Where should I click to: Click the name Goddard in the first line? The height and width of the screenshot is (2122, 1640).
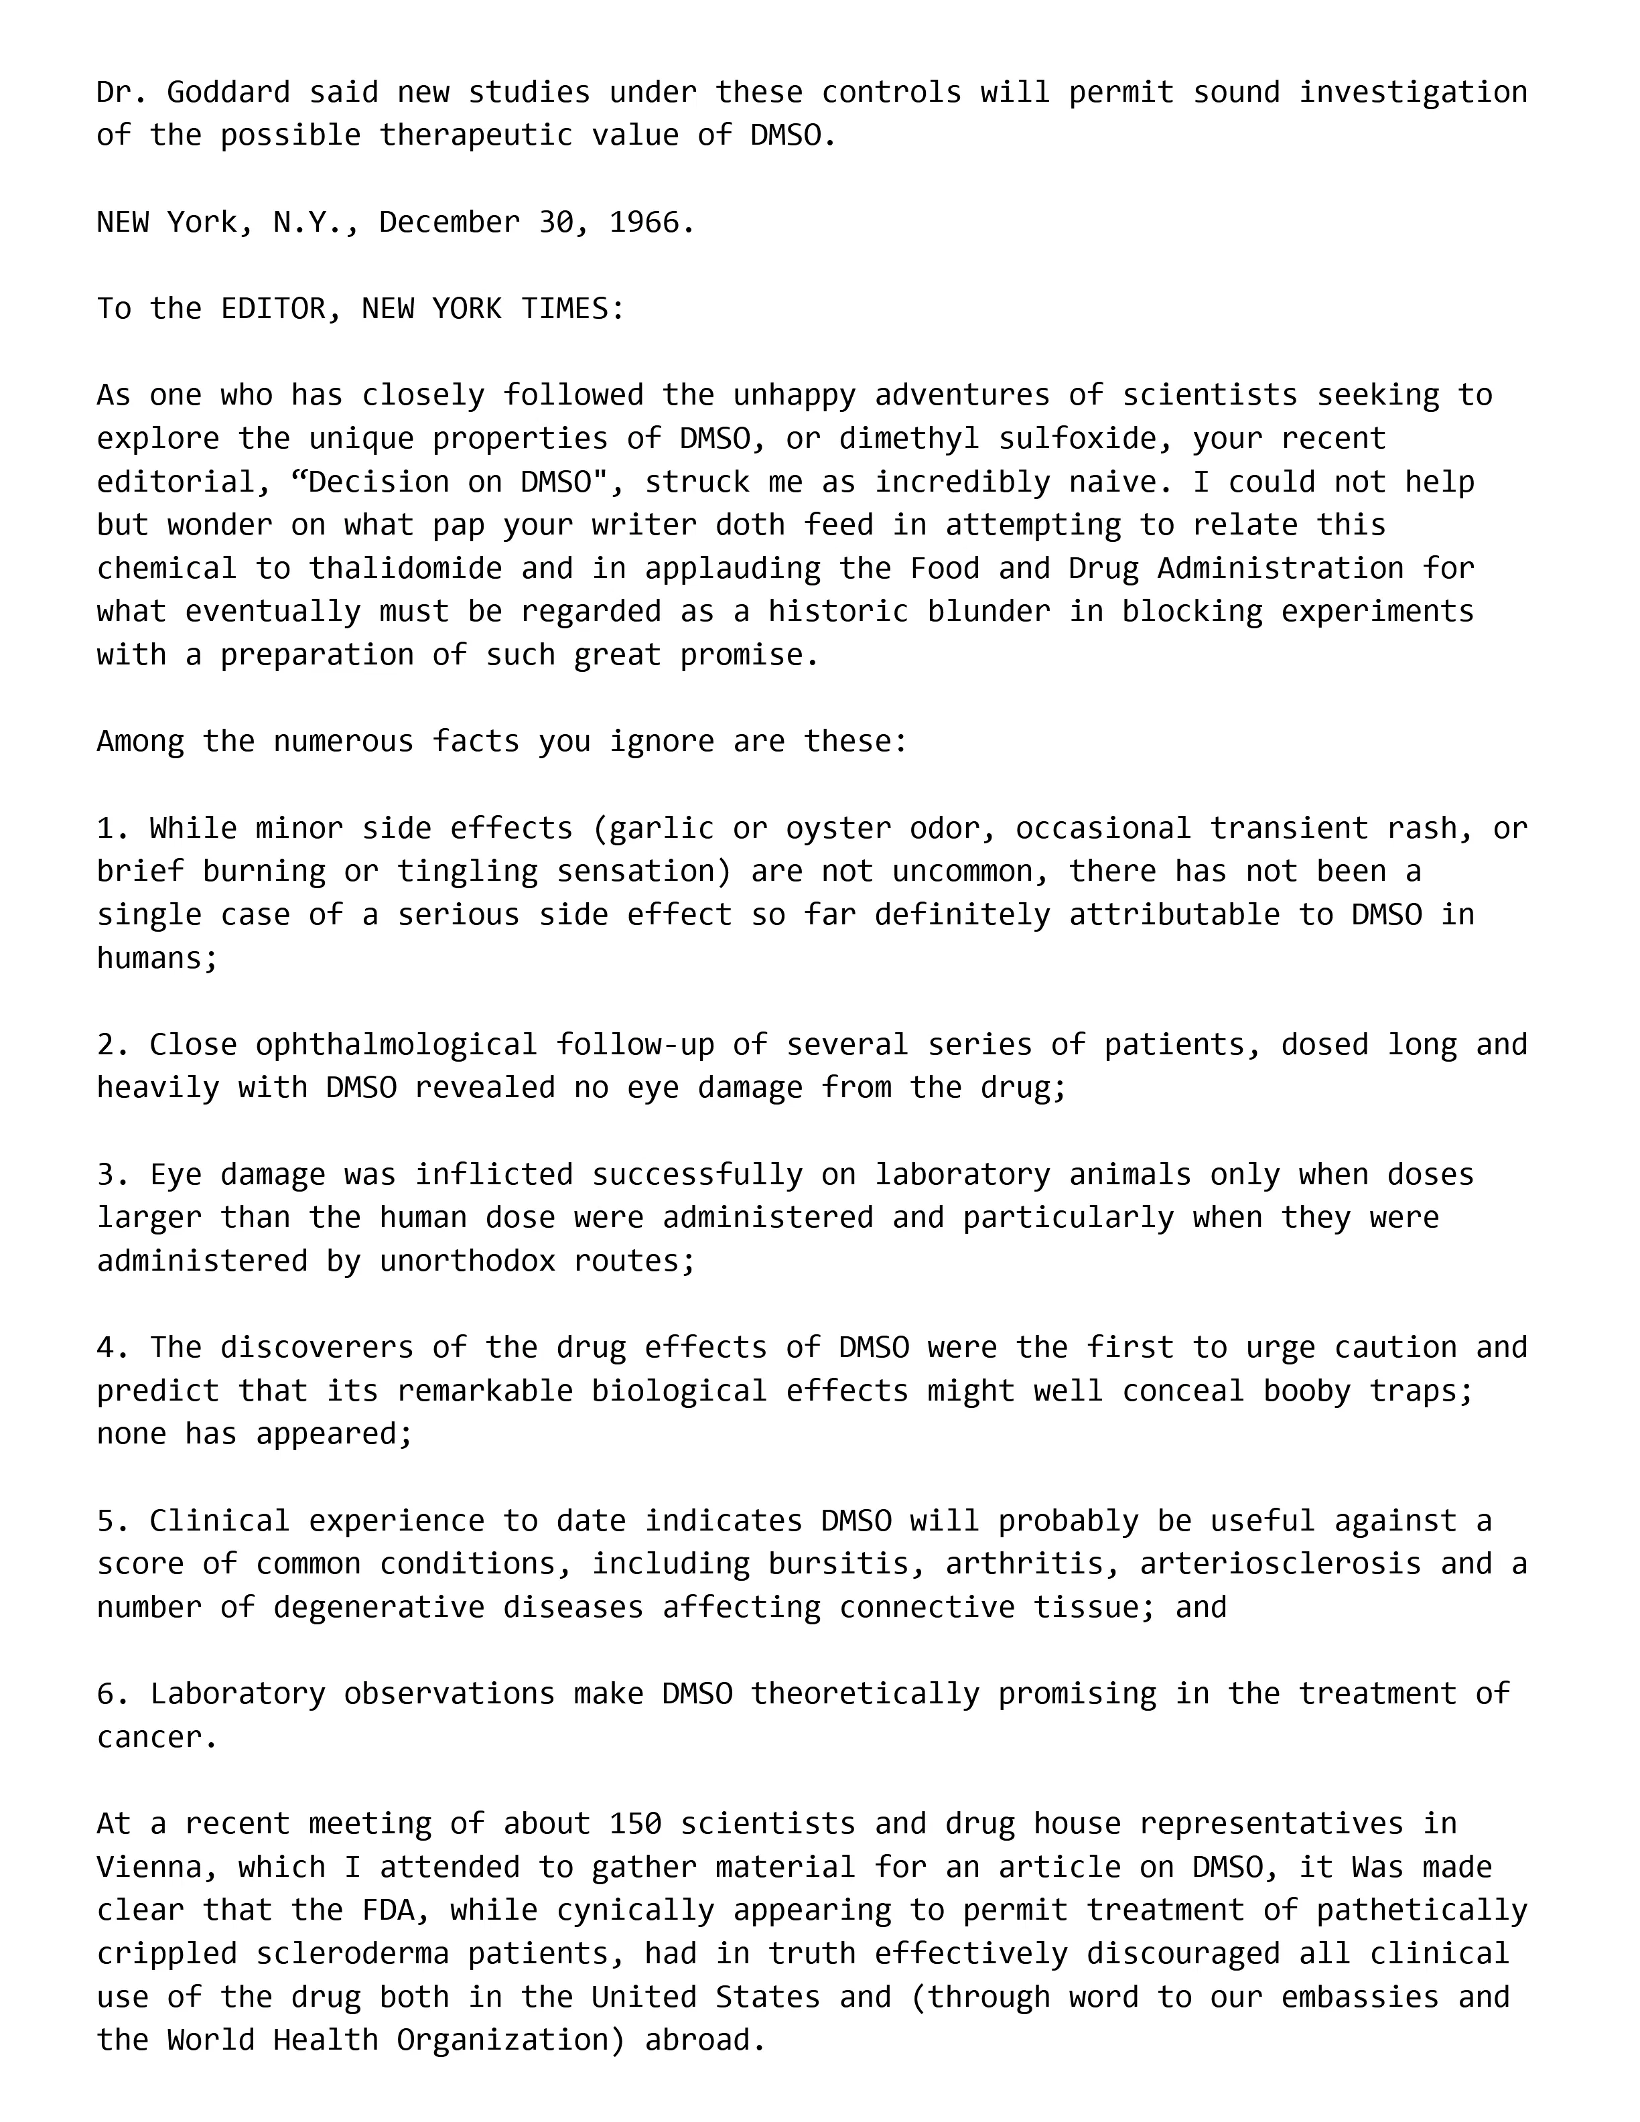click(228, 92)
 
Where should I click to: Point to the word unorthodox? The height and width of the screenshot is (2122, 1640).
click(468, 1261)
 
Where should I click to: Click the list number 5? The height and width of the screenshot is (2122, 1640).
click(106, 1520)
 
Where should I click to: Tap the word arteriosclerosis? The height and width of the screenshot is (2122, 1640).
click(1280, 1564)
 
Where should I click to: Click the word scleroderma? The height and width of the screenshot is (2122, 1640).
click(405, 1954)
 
